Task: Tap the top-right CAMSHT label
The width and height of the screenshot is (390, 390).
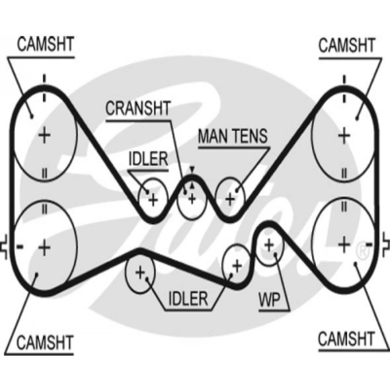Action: (x=346, y=45)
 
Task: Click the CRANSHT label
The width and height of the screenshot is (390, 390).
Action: (x=138, y=109)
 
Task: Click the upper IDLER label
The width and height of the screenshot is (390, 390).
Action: (x=147, y=159)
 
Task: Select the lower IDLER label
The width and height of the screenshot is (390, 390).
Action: (x=188, y=299)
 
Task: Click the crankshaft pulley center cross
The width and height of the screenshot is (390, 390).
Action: (x=192, y=199)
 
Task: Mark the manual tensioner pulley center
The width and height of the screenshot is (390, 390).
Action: (x=230, y=199)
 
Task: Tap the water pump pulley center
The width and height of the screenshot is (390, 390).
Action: (x=269, y=245)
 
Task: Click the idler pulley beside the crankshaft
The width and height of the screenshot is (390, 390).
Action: (x=153, y=199)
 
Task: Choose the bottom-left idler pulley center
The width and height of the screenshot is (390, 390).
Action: (x=140, y=273)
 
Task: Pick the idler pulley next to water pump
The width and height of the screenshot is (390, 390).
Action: (x=237, y=265)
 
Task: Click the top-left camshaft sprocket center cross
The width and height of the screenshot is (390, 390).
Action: (x=44, y=136)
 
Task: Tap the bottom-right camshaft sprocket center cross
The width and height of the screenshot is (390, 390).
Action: (x=344, y=245)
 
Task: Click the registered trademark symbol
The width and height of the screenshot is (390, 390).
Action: (x=360, y=250)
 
